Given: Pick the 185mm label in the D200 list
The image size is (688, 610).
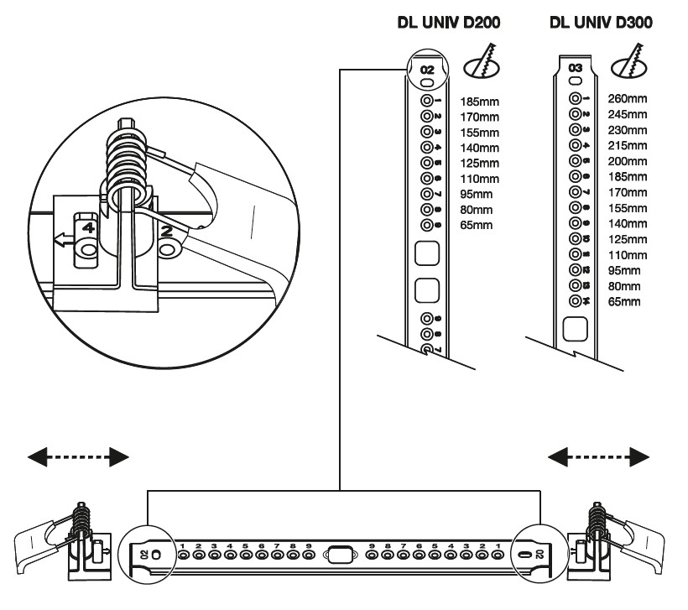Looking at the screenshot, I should point(477,101).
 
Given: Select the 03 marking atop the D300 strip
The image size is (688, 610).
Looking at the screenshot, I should point(576,66).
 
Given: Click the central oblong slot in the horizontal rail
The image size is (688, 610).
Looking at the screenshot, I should point(339,555).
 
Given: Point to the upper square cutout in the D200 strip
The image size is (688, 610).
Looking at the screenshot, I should point(428,253).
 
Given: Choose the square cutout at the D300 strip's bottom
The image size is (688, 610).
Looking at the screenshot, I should point(576,328).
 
